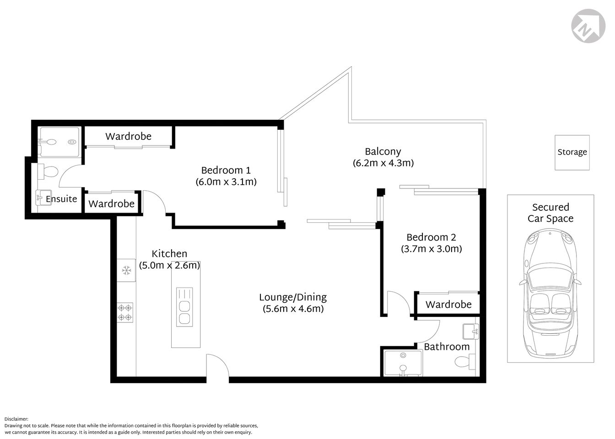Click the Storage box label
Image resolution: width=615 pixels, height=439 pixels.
click(572, 152)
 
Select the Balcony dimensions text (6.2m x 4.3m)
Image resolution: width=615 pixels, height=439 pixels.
click(383, 163)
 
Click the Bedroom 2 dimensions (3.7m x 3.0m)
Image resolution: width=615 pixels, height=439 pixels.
click(431, 249)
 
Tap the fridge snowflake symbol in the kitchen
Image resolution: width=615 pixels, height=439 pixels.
click(126, 271)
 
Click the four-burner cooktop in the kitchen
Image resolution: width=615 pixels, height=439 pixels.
click(125, 313)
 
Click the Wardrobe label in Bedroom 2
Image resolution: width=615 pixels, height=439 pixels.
click(448, 305)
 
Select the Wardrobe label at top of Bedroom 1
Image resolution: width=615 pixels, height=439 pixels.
click(128, 136)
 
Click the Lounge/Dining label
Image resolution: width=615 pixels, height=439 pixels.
click(293, 297)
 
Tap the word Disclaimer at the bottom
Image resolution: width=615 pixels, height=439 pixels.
click(16, 419)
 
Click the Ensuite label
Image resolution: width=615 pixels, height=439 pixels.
click(61, 200)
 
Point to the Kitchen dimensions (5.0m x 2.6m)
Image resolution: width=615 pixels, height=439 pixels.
click(169, 265)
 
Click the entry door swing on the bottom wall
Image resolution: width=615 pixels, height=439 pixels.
click(217, 366)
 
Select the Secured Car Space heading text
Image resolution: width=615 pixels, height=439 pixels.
click(550, 213)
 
